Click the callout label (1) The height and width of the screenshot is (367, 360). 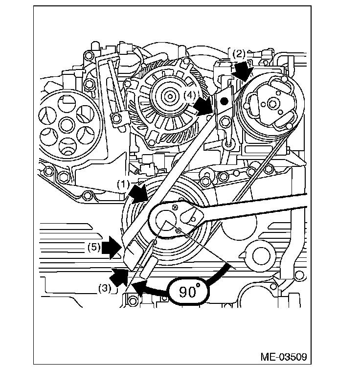[122, 184]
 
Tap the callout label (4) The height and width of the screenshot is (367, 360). [190, 95]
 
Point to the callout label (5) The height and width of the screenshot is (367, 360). [94, 247]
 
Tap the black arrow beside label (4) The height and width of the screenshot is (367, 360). [203, 105]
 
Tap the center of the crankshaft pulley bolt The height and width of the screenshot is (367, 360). [166, 221]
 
